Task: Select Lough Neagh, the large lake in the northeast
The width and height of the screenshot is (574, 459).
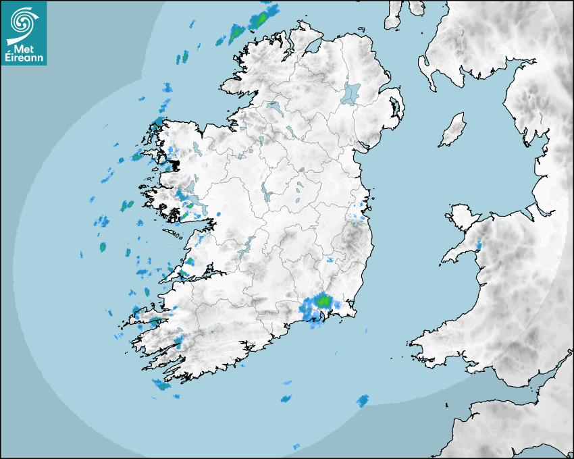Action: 351,92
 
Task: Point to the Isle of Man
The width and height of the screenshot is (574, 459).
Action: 453,130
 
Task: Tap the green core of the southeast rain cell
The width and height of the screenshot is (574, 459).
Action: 324,299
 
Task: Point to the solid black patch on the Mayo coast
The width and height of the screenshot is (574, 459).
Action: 174,164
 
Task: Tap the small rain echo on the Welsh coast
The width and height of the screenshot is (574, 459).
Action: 478,245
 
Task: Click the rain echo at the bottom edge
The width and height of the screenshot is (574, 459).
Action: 296,446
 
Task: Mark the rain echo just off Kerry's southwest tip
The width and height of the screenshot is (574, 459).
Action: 161,385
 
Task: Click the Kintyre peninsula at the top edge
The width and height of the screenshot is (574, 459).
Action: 394,13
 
